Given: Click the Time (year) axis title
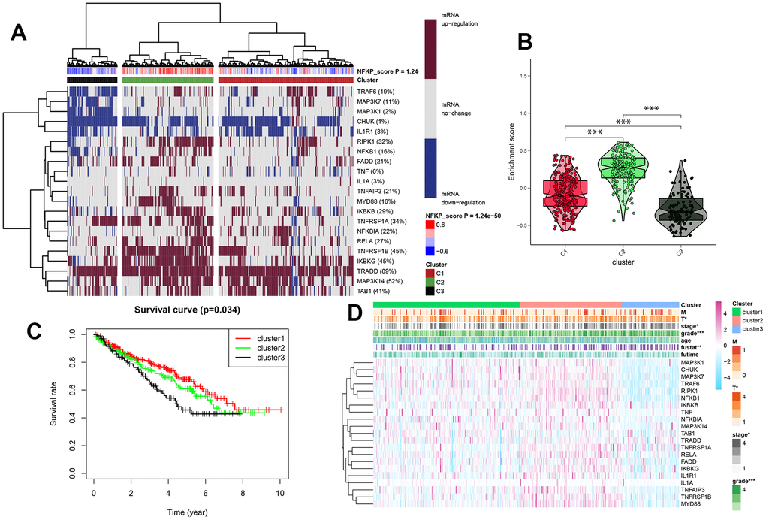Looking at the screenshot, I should (186, 510).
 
